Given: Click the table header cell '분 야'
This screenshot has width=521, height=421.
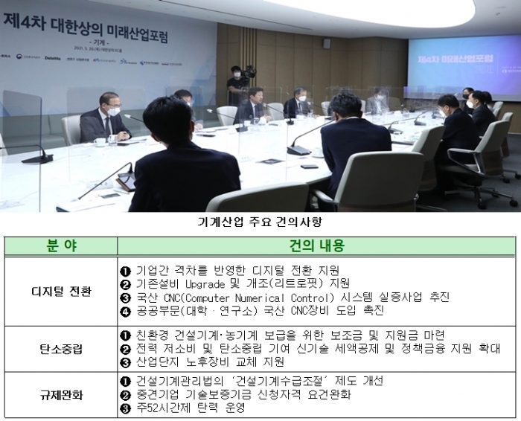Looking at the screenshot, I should [x=61, y=245].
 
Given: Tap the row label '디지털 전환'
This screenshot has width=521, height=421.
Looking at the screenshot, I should [x=61, y=291].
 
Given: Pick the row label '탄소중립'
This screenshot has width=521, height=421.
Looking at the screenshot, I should [x=61, y=348].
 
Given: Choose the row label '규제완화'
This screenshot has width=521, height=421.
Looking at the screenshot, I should [x=61, y=394].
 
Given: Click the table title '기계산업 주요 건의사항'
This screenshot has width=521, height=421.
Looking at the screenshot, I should [x=260, y=221].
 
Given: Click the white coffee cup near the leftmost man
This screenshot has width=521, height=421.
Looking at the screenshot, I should [x=99, y=141].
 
